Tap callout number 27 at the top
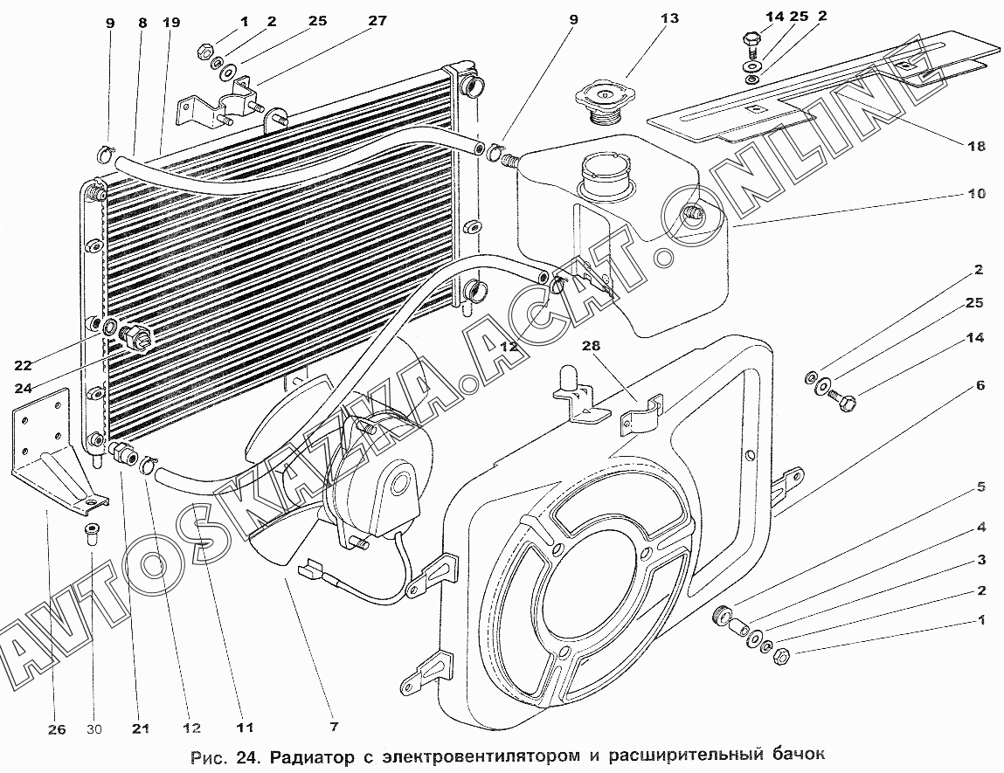377,21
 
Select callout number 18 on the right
976,146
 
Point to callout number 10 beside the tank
976,193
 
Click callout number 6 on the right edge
980,385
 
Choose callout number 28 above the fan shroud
591,346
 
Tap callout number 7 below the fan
335,727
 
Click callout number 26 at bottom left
57,729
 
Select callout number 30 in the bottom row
94,728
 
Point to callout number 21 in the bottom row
141,728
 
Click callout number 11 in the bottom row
245,728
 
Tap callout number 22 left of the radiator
23,365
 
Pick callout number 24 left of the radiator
23,388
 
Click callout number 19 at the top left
171,23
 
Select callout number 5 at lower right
980,487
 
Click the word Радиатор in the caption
312,757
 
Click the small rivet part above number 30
91,534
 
